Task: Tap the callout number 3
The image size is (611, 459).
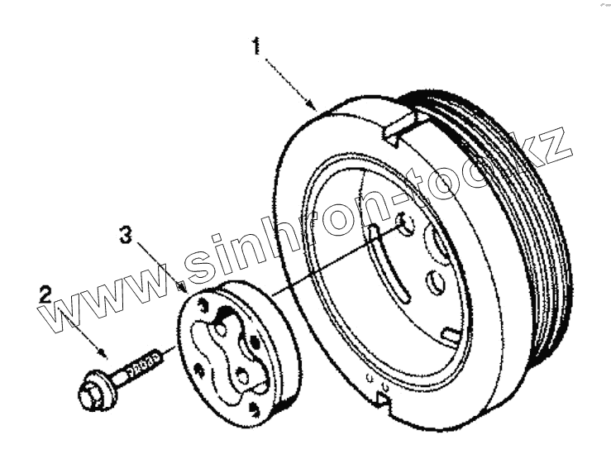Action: (125, 237)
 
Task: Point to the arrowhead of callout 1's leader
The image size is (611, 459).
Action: (313, 107)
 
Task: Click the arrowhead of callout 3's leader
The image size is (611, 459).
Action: (180, 286)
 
